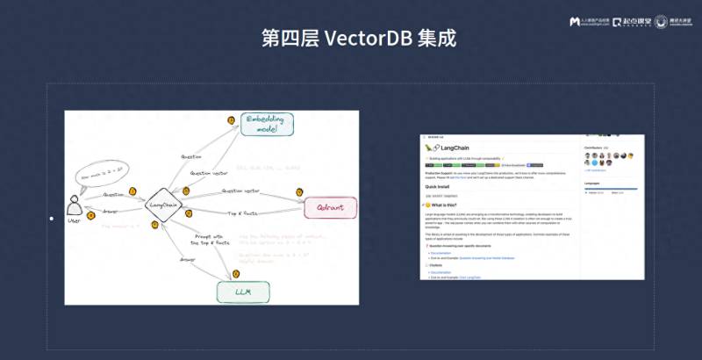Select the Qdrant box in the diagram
330,209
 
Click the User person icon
75,205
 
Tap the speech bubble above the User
100,169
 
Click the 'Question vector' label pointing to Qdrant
243,191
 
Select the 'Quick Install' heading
443,185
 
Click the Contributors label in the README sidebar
598,148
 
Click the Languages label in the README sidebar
597,183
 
